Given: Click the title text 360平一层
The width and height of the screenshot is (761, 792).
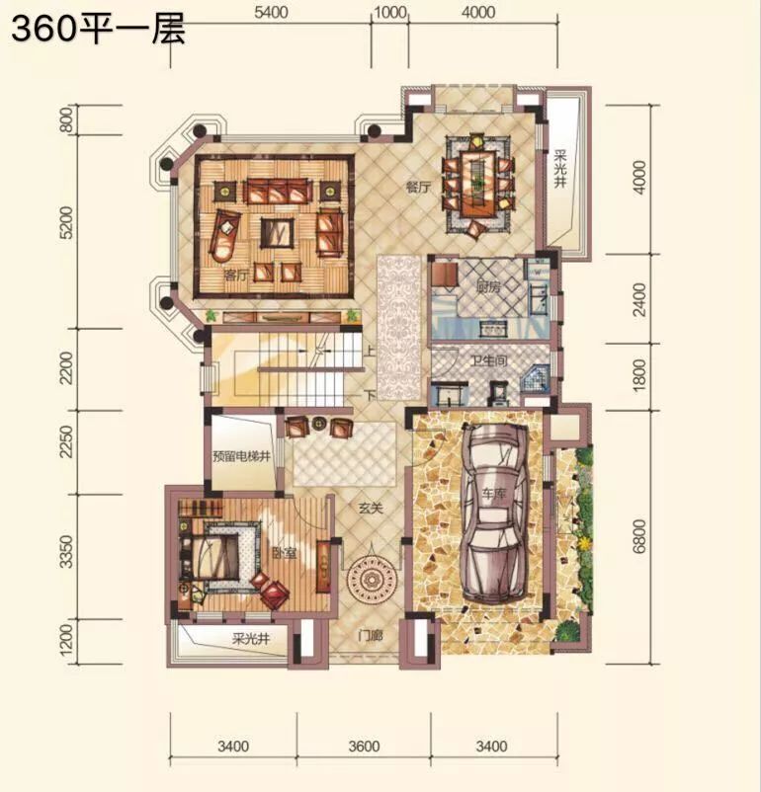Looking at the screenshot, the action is click(x=98, y=30).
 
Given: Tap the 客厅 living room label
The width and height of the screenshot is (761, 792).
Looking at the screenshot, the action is click(x=237, y=276).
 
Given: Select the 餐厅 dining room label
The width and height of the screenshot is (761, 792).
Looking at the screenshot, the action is click(x=419, y=188).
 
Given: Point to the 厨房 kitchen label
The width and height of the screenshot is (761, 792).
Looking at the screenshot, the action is click(x=488, y=287).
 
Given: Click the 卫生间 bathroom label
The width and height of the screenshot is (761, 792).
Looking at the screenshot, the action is click(x=489, y=360).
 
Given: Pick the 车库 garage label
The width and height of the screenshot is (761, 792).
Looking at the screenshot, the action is click(x=494, y=494).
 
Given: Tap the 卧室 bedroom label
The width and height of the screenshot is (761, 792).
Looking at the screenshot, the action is click(x=284, y=553).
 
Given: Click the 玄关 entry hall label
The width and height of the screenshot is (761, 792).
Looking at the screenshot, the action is click(x=372, y=509).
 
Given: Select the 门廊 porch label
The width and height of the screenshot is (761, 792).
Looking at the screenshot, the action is click(x=370, y=635).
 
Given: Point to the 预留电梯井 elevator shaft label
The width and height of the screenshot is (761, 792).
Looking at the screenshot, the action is click(x=242, y=456).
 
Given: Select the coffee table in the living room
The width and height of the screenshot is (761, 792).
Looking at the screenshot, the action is click(x=277, y=233).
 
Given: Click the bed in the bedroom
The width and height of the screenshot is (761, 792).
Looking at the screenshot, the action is click(x=212, y=558).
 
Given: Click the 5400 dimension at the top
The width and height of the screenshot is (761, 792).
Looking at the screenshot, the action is click(x=271, y=12).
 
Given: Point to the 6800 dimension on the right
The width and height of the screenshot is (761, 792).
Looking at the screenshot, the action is click(x=639, y=536).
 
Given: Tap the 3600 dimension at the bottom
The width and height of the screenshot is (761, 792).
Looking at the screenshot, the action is click(x=364, y=746).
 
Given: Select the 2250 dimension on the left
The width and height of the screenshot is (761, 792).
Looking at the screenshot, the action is click(x=66, y=441).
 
